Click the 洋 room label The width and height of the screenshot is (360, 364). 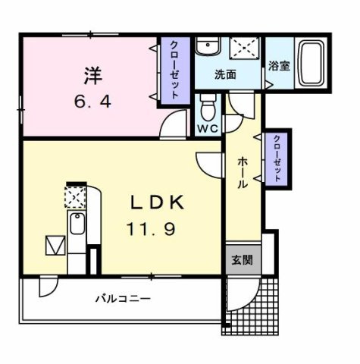(x=92, y=76)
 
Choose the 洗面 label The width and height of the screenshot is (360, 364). (x=224, y=75)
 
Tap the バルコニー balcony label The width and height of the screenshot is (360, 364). (x=122, y=299)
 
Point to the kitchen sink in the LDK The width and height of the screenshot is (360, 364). (x=77, y=224)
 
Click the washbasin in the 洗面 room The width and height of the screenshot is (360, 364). (x=205, y=48)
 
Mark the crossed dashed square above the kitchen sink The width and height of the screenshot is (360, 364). (x=76, y=197)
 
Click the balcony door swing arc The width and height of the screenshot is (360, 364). (x=47, y=287)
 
